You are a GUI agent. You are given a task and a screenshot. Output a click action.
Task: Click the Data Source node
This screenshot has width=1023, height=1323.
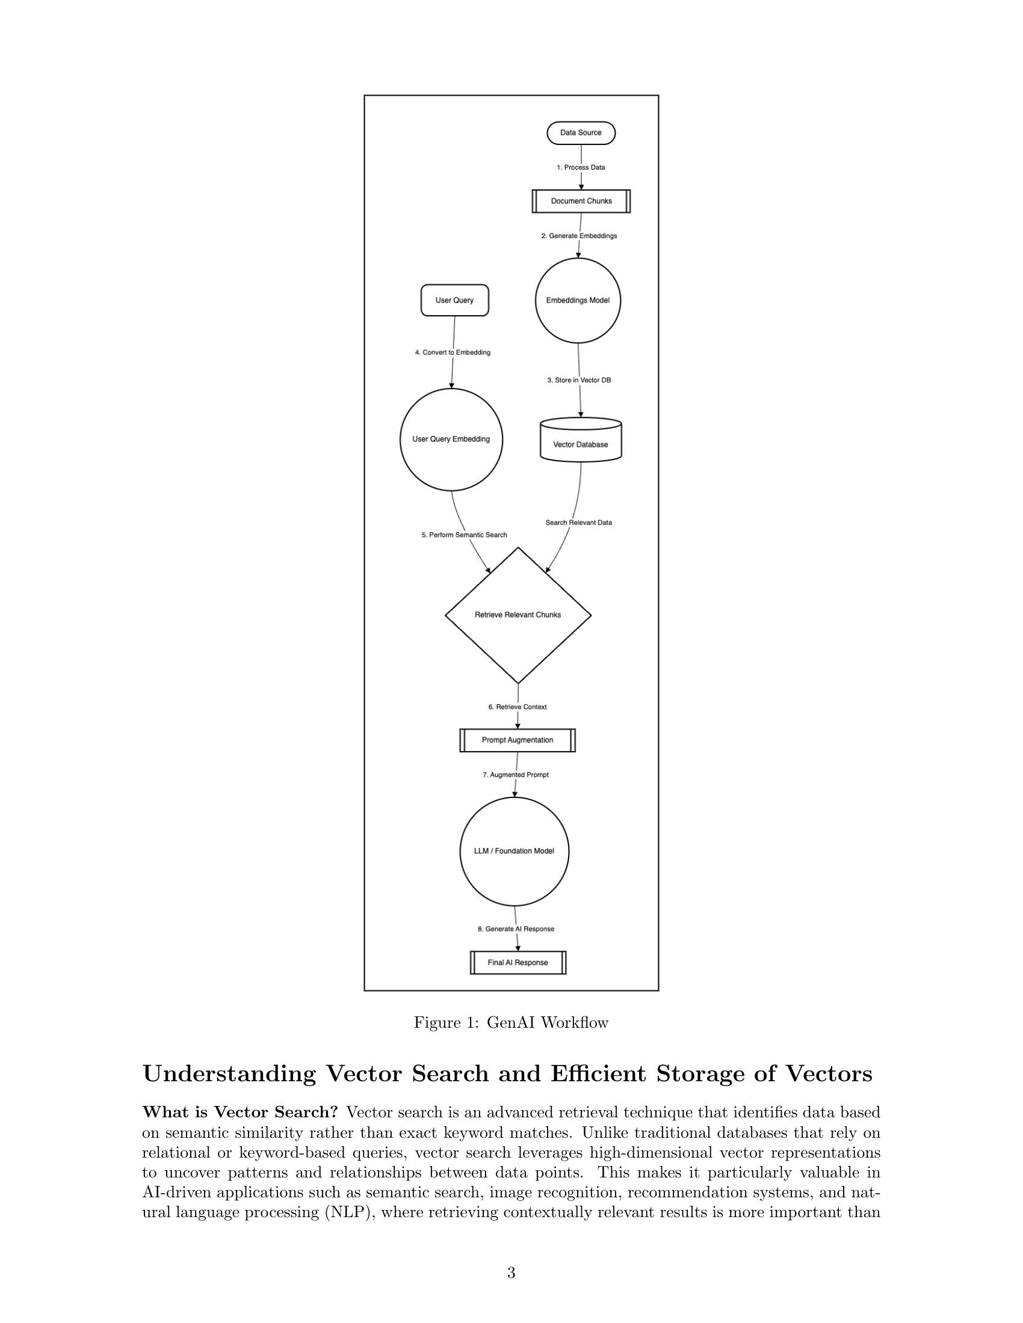coord(581,133)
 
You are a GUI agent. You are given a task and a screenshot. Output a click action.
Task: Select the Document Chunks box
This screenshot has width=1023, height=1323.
coord(581,201)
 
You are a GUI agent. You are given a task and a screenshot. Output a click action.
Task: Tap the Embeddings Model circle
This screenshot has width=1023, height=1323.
coord(578,301)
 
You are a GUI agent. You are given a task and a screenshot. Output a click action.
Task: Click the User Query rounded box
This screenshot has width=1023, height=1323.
coord(454,301)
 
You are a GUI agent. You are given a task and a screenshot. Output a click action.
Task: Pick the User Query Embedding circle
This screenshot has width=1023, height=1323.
coord(451,439)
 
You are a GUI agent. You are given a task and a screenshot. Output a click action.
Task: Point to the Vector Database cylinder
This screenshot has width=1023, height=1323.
coord(581,440)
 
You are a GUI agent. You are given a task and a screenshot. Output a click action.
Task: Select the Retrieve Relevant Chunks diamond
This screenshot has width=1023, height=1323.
coord(518,615)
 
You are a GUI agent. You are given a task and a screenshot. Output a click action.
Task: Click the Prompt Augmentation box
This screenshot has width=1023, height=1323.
coord(518,740)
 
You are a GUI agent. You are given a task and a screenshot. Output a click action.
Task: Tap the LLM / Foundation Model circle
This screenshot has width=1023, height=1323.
coord(514,851)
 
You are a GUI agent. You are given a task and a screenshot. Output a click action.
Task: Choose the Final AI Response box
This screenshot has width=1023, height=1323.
coord(518,963)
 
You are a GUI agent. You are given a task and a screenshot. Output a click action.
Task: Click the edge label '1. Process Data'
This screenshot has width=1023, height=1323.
coord(581,167)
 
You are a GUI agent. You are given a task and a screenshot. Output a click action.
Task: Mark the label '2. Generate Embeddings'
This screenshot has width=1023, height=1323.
coord(579,236)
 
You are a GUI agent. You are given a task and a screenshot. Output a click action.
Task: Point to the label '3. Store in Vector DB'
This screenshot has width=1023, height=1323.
coord(579,381)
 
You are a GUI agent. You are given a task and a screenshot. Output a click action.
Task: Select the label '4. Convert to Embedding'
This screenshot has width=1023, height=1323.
coord(453,352)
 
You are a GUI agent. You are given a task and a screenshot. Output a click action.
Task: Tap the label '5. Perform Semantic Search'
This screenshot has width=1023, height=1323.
coord(464,535)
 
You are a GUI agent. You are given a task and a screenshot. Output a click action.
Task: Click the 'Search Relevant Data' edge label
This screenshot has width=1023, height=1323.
coord(579,522)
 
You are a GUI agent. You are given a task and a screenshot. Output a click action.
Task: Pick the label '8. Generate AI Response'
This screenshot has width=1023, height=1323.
coord(516,929)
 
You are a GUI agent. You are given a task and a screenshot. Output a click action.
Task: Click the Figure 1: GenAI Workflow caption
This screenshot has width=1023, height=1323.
coord(511,1022)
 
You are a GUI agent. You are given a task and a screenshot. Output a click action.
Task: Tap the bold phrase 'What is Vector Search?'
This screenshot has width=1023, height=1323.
coord(240,1113)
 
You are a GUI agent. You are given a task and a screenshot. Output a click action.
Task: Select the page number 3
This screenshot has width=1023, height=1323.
coord(511,1272)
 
